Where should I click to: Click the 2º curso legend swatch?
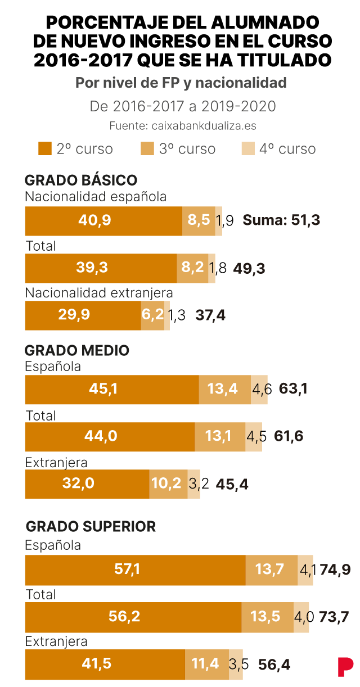click(45, 149)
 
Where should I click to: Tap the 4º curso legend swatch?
click(248, 149)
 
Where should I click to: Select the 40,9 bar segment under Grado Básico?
click(103, 221)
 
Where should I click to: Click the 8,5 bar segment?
click(199, 221)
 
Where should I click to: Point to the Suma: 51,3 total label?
click(281, 220)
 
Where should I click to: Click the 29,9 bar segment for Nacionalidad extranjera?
click(83, 315)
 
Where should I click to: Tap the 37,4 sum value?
click(210, 315)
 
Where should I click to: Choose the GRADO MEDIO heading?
click(76, 351)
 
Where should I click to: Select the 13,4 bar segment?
click(225, 390)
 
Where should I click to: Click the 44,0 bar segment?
click(110, 437)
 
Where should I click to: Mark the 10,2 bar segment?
click(169, 484)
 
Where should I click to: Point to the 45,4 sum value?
click(232, 485)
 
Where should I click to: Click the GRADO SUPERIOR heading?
click(91, 527)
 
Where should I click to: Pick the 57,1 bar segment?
click(136, 570)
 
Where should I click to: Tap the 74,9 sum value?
click(335, 570)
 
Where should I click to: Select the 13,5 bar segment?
click(268, 617)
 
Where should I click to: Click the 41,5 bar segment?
click(105, 665)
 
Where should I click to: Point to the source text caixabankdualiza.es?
click(204, 126)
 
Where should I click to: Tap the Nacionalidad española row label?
click(96, 197)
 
